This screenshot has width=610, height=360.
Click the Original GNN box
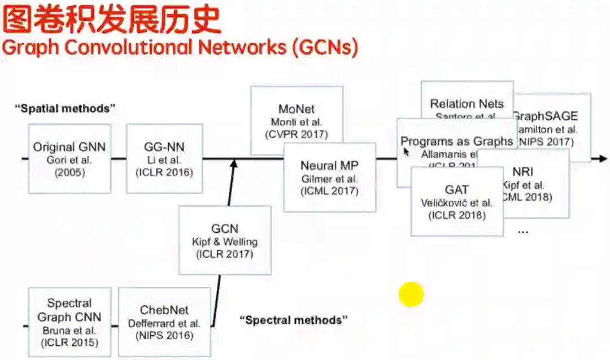pos(69,159)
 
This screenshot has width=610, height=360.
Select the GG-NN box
pos(164,159)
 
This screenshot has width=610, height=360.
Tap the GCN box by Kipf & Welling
pos(224,240)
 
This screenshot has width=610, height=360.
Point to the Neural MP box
pos(329,177)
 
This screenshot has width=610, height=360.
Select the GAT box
pos(456,201)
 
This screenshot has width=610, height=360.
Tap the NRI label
pos(523,171)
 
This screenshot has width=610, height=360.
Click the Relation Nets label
pos(467,103)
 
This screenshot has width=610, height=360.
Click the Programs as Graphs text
pos(456,141)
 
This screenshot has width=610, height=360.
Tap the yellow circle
pos(411,294)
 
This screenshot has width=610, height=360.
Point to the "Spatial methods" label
pos(65,108)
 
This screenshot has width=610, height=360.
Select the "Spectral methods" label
pos(294,320)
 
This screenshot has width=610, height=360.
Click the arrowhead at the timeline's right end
pos(603,159)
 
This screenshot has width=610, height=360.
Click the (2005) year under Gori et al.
pos(69,172)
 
